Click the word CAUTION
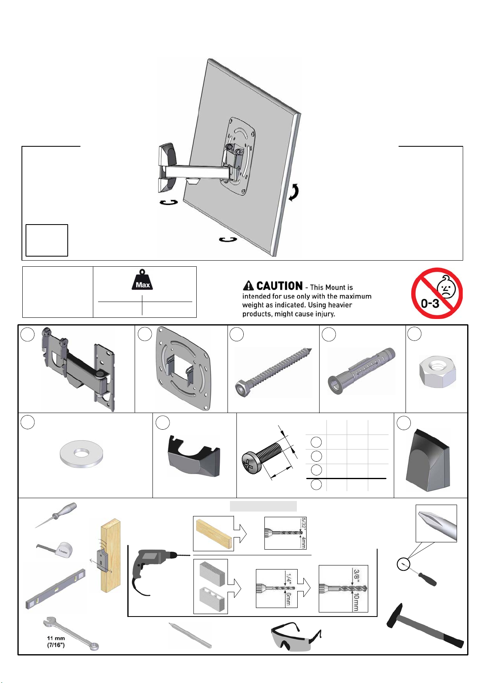point(279,286)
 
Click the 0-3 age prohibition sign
point(437,293)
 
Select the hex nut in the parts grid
point(438,372)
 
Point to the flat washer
point(81,454)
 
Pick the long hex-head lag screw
point(273,372)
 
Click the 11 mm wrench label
point(56,641)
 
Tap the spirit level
point(55,589)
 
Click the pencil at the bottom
point(190,636)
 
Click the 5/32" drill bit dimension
point(303,523)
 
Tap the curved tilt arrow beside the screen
point(294,192)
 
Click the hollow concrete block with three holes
point(212,599)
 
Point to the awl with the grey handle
point(56,515)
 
